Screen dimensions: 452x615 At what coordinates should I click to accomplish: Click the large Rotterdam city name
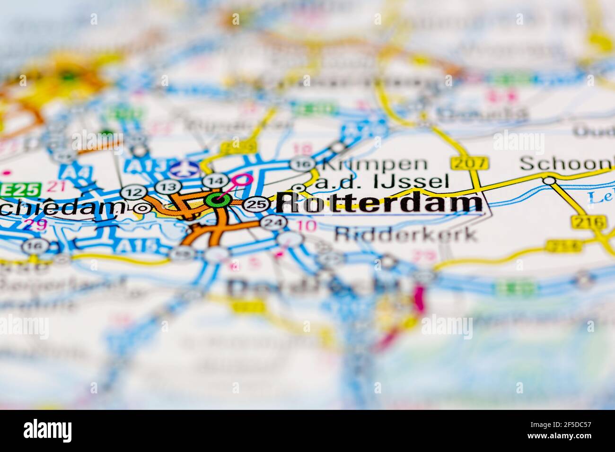pyautogui.click(x=378, y=203)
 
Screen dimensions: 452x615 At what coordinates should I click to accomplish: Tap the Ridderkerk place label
pyautogui.click(x=405, y=234)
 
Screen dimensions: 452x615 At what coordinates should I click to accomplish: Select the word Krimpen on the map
pyautogui.click(x=374, y=164)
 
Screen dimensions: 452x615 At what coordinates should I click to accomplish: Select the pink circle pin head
pyautogui.click(x=243, y=179)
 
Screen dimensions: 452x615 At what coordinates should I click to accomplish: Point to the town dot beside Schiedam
pyautogui.click(x=141, y=208)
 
